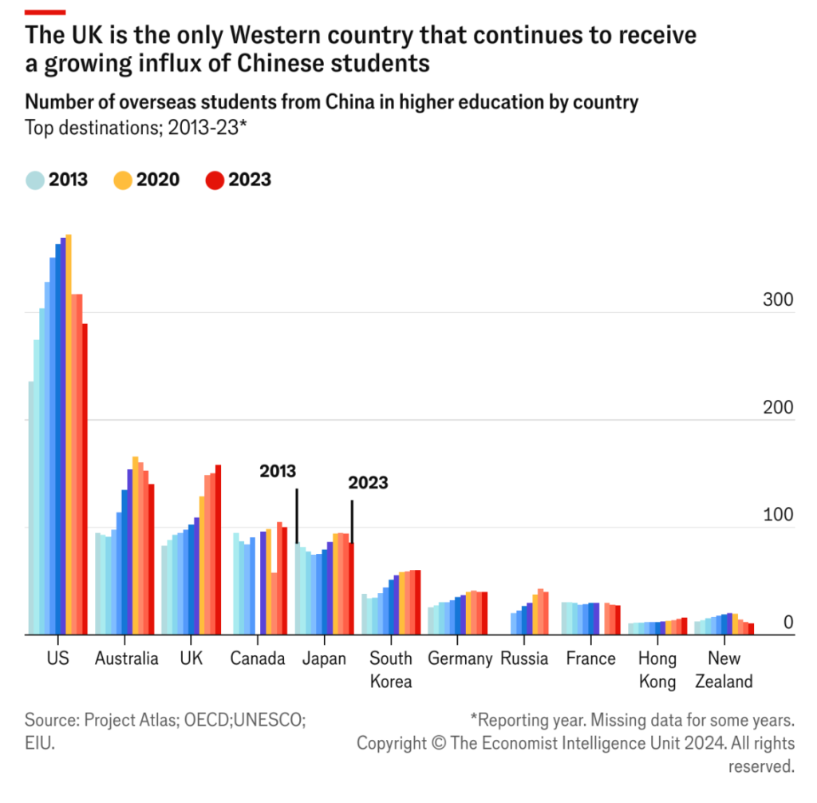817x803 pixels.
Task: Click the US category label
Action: [57, 659]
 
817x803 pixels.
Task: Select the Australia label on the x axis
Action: [126, 659]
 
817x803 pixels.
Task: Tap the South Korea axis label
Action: [391, 670]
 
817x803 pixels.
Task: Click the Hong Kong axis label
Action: [657, 670]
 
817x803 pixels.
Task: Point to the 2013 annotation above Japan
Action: [278, 471]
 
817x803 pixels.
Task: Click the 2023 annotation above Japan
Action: [368, 483]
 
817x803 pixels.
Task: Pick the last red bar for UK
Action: [218, 551]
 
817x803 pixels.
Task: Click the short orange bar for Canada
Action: [274, 603]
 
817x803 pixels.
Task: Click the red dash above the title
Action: [45, 12]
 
